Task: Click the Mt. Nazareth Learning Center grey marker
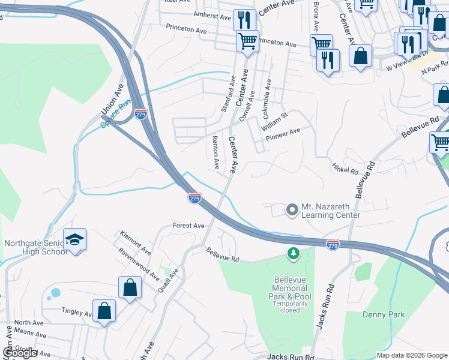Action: [292, 210]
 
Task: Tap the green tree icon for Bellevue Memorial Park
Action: [294, 255]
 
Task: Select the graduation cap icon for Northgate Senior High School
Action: [74, 239]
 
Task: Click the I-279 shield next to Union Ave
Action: [140, 113]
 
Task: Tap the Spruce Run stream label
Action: [115, 114]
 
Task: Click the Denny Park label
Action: [384, 314]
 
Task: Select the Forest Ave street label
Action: [189, 226]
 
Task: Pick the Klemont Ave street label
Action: [135, 241]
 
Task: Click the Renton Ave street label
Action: [215, 152]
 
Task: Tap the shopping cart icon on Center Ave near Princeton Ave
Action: [247, 41]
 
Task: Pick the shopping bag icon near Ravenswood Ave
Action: [130, 287]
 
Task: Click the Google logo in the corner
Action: [20, 353]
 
